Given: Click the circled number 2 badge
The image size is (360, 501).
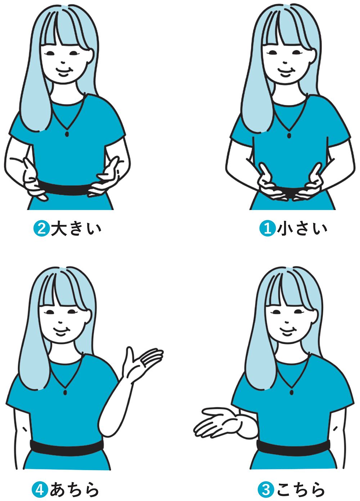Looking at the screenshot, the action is (41, 229).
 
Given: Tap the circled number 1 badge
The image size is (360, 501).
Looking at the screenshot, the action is (267, 229).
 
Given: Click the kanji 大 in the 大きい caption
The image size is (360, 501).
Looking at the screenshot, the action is (59, 229).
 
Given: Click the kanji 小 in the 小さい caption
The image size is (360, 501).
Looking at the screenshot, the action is (285, 229).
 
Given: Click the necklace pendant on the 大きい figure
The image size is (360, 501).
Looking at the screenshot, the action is (67, 134).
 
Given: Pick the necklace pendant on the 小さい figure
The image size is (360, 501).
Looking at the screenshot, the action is (289, 136).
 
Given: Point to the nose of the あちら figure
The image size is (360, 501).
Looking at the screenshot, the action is (60, 322).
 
